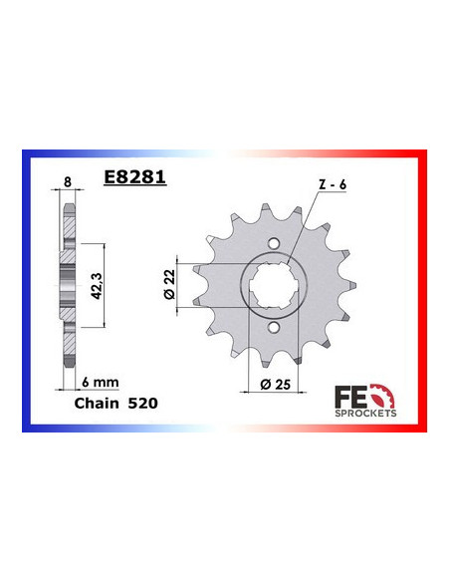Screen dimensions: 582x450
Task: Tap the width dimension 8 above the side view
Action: [67, 182]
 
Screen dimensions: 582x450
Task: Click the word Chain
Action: [97, 405]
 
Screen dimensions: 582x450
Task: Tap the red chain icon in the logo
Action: [388, 391]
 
